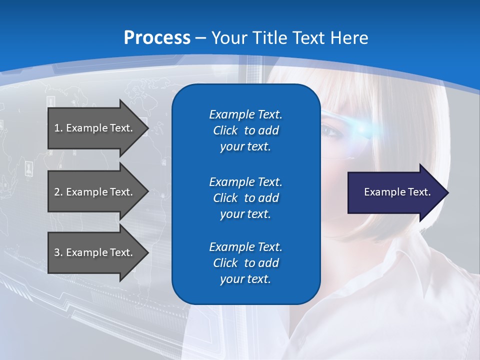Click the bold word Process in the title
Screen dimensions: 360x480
click(x=157, y=38)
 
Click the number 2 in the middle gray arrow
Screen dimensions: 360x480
click(x=56, y=192)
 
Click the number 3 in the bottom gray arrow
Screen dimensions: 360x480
click(x=56, y=252)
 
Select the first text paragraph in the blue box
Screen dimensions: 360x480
click(x=245, y=130)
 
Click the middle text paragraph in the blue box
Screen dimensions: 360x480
click(x=245, y=198)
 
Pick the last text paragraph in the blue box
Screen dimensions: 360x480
click(x=245, y=263)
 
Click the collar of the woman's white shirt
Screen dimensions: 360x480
click(x=400, y=280)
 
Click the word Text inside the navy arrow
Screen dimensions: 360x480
click(x=419, y=192)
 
